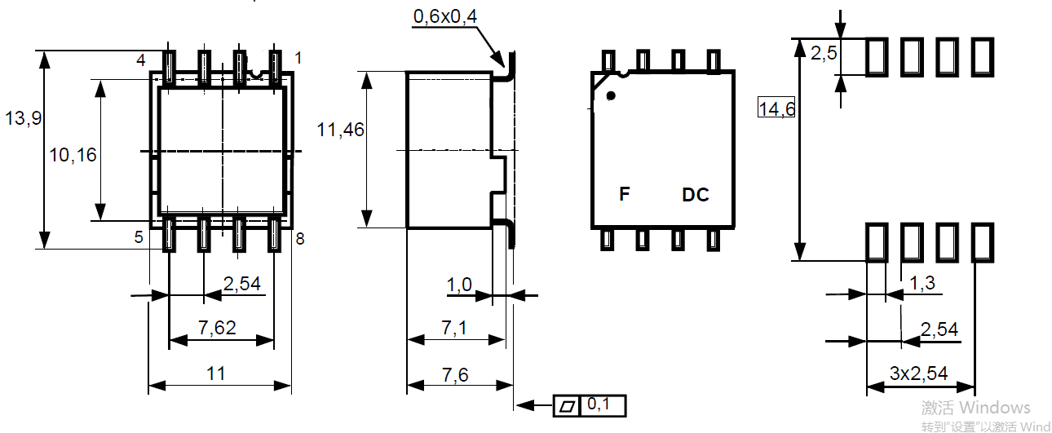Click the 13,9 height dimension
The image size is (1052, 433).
(x=23, y=118)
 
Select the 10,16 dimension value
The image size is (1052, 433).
(x=73, y=155)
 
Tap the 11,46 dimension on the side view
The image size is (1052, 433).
(x=341, y=130)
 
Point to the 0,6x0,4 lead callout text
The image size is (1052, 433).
(x=445, y=16)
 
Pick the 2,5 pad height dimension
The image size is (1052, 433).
(x=824, y=53)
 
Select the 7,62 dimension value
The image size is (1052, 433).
(x=217, y=327)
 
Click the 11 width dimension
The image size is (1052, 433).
(x=216, y=373)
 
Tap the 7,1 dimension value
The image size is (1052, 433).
(x=454, y=327)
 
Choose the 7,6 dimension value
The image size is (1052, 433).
(x=455, y=375)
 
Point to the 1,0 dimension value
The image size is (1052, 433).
(x=459, y=285)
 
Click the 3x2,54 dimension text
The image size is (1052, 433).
(x=918, y=373)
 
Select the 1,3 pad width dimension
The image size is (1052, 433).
(x=922, y=283)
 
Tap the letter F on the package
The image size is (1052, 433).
(x=624, y=193)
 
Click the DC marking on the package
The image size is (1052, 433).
(x=696, y=195)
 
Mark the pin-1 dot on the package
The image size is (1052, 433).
(x=611, y=95)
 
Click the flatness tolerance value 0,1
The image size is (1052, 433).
(x=599, y=404)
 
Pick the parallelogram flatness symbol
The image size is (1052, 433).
(x=568, y=406)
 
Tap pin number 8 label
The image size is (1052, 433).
(x=300, y=239)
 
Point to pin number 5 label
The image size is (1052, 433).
(x=139, y=237)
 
